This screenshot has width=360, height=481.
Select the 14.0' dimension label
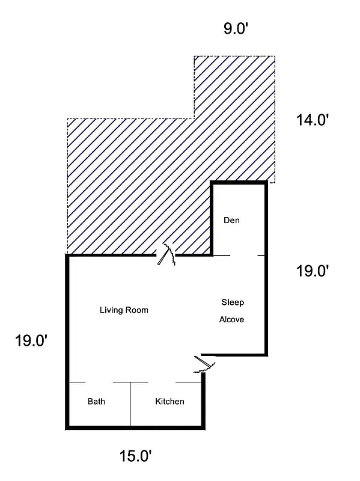[312, 120]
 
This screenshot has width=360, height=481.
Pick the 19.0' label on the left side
[31, 341]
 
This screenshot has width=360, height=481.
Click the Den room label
[231, 220]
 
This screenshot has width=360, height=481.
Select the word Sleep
[233, 302]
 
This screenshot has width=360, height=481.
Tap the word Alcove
[231, 319]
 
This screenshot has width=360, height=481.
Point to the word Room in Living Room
[136, 310]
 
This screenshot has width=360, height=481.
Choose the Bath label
[96, 402]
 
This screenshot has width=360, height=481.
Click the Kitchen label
[169, 402]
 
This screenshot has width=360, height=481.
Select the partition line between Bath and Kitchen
[130, 405]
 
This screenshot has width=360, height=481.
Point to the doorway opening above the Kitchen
[162, 382]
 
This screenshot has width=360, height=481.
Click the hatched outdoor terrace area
[138, 180]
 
